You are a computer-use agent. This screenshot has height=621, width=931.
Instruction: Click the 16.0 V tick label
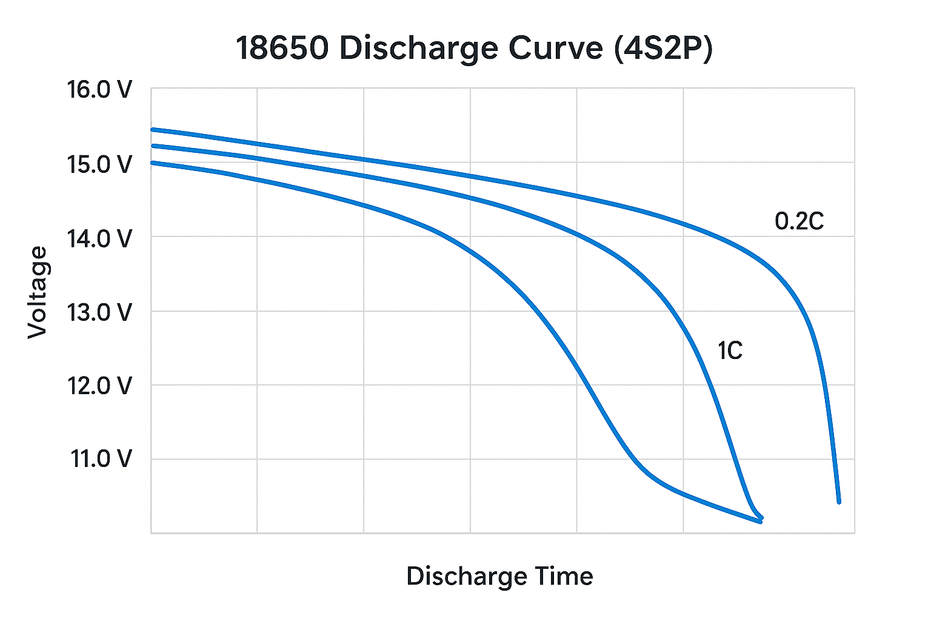tap(99, 90)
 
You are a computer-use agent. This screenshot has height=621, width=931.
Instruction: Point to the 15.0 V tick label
tap(99, 164)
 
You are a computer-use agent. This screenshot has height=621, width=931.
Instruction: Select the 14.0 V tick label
tap(99, 238)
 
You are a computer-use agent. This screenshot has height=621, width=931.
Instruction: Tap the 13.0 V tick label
tap(99, 312)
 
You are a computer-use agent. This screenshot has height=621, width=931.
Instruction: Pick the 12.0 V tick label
tap(99, 386)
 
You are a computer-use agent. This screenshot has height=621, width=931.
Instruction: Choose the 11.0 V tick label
tap(101, 459)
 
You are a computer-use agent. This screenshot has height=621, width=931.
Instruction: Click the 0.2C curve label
tap(799, 221)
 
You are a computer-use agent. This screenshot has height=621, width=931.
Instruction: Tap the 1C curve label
tap(730, 351)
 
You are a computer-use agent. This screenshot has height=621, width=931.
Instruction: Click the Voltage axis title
tap(38, 292)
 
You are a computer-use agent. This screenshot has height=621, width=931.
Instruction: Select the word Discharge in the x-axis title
tap(458, 576)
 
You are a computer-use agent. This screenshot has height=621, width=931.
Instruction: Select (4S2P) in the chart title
tap(663, 49)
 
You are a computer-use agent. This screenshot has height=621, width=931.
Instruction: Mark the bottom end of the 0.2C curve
tap(839, 502)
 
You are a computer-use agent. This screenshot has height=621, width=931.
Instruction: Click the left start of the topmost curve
tap(152, 129)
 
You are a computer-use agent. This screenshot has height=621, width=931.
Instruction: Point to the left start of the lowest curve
tap(152, 163)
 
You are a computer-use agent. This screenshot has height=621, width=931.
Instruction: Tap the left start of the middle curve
tap(152, 146)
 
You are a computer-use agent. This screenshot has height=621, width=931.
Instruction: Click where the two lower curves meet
tap(760, 520)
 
